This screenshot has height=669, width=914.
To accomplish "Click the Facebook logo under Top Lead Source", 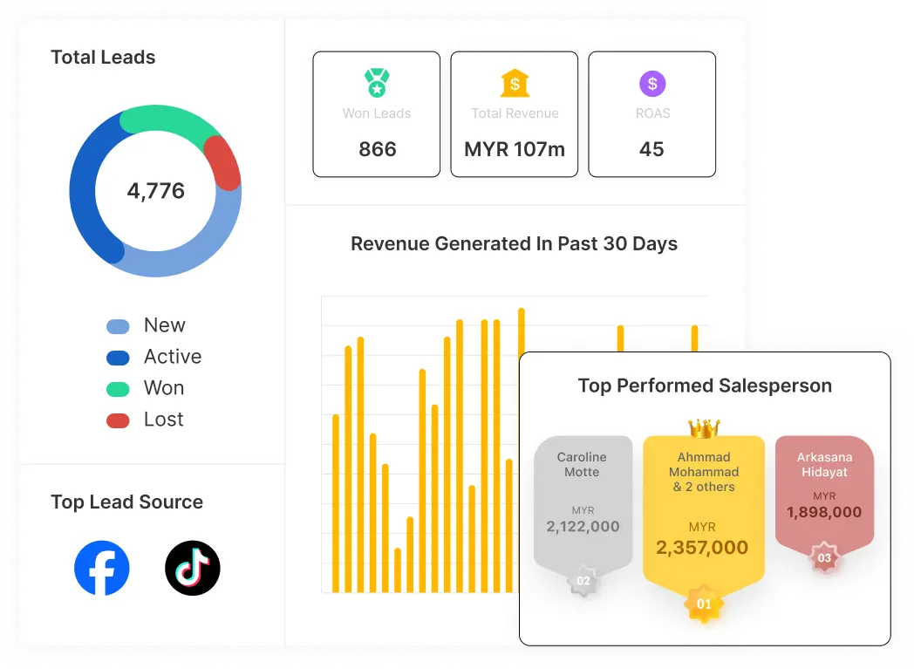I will pyautogui.click(x=102, y=569).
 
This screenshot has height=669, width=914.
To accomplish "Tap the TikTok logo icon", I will pyautogui.click(x=193, y=569).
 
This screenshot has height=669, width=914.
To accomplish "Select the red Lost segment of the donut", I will pyautogui.click(x=223, y=163).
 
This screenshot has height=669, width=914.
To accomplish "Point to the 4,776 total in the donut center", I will pyautogui.click(x=156, y=191).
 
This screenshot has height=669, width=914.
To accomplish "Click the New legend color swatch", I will pyautogui.click(x=118, y=326).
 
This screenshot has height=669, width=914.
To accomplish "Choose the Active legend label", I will pyautogui.click(x=173, y=357).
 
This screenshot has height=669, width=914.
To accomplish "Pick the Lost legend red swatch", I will pyautogui.click(x=118, y=420).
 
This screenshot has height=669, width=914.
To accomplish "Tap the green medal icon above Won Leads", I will pyautogui.click(x=377, y=84).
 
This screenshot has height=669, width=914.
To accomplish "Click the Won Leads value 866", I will pyautogui.click(x=377, y=149).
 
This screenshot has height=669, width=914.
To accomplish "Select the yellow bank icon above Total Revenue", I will pyautogui.click(x=515, y=84).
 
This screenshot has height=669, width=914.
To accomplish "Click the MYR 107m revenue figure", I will pyautogui.click(x=515, y=149).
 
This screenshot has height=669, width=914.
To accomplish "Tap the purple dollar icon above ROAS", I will pyautogui.click(x=651, y=84).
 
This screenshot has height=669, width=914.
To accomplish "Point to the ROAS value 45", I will pyautogui.click(x=651, y=149).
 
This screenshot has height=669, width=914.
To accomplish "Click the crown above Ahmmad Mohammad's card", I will pyautogui.click(x=704, y=427).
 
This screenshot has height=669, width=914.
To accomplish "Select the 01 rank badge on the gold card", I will pyautogui.click(x=704, y=604).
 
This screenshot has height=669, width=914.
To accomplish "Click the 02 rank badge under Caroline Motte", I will pyautogui.click(x=583, y=581).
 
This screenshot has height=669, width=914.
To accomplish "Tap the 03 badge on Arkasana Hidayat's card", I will pyautogui.click(x=824, y=557).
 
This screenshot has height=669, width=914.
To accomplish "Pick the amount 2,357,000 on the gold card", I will pyautogui.click(x=702, y=548).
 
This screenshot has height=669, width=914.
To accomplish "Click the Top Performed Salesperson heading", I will pyautogui.click(x=705, y=386).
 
